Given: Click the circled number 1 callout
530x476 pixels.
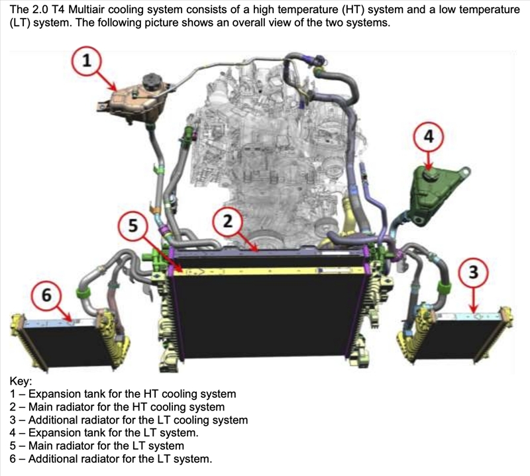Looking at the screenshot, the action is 87,61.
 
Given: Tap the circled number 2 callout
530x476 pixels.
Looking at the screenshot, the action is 228,222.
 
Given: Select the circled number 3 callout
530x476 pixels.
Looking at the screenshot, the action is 473,272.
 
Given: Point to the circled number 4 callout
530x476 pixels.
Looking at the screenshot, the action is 429,137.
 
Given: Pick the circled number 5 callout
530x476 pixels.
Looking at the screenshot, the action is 133,225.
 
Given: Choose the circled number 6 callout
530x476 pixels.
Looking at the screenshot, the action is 46,296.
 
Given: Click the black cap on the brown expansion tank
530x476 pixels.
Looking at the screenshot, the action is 153,81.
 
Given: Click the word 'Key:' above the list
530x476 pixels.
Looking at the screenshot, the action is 21,381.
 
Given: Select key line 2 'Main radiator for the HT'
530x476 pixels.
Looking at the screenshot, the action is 117,407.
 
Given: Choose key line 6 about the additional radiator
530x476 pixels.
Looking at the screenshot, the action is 111,459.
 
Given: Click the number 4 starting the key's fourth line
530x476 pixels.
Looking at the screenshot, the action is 13,433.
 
